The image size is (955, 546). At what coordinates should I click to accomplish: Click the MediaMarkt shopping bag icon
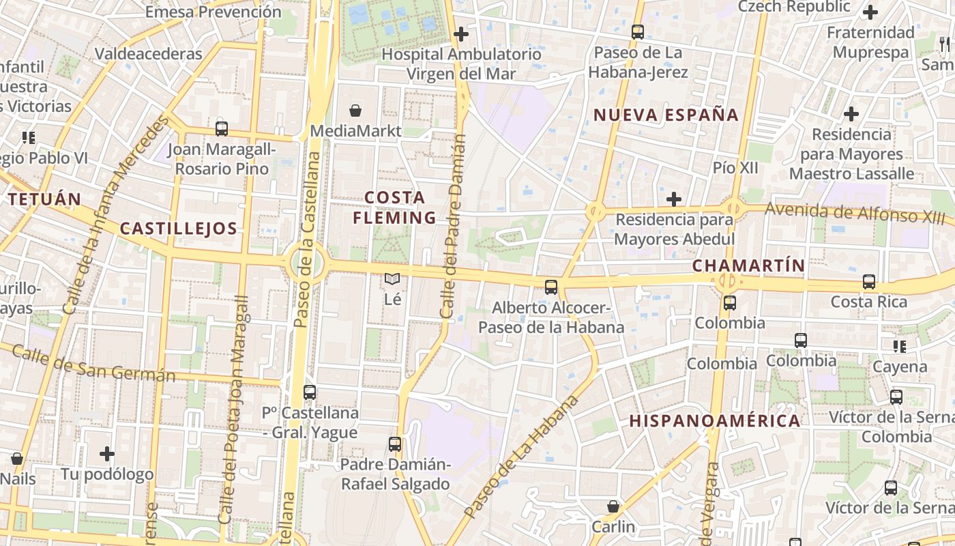point(355,111)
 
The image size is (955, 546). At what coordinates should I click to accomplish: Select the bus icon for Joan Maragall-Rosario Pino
point(221,128)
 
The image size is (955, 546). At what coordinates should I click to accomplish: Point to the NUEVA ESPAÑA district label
point(666,115)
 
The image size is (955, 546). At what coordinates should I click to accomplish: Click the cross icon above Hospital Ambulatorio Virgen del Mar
point(461,33)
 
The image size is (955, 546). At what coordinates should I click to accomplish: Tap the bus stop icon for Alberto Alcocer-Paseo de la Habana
point(551,287)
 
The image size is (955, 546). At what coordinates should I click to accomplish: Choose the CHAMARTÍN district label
point(748,265)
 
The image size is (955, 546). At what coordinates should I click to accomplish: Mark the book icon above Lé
point(392,278)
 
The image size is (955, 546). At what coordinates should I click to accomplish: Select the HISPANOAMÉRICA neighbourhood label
point(714,420)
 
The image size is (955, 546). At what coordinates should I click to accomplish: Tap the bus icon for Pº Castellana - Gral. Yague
point(310,392)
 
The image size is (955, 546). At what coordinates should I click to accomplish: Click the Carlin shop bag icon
point(613,506)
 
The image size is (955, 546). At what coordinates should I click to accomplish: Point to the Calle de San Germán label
point(93,364)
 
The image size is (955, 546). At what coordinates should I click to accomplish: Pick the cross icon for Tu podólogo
point(107,453)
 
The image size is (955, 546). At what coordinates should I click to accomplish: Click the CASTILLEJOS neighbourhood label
point(179,228)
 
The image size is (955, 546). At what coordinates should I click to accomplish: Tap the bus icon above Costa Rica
point(869,281)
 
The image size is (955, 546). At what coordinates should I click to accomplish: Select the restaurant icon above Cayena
point(900,347)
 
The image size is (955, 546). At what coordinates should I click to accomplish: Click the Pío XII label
point(735,167)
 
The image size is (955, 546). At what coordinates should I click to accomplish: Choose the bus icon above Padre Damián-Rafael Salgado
point(395,444)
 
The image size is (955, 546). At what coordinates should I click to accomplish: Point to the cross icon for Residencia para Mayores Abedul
point(674,199)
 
